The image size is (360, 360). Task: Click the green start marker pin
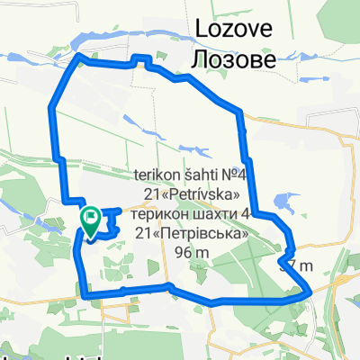coord(91,218)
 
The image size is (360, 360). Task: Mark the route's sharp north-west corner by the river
coord(81,56)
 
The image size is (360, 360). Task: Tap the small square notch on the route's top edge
coord(140,59)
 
